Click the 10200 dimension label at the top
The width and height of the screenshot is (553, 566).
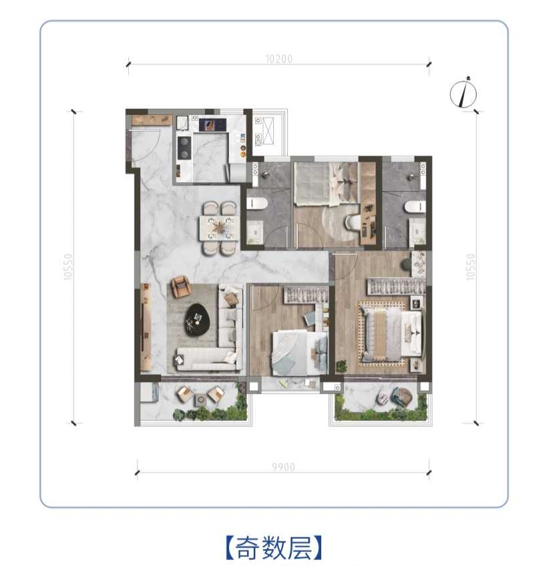[x=279, y=59]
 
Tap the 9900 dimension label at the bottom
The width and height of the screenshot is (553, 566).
[x=284, y=467]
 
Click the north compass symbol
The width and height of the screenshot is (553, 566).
[x=463, y=93]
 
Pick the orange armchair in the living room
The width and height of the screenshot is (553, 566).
[x=180, y=287]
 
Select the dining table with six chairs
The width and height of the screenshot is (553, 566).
[x=218, y=227]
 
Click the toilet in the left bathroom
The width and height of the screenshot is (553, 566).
[x=257, y=204]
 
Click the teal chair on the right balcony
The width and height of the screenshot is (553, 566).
[x=403, y=398]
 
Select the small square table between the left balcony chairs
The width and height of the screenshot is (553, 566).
[x=200, y=400]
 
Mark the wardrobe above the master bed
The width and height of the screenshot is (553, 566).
[x=397, y=287]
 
